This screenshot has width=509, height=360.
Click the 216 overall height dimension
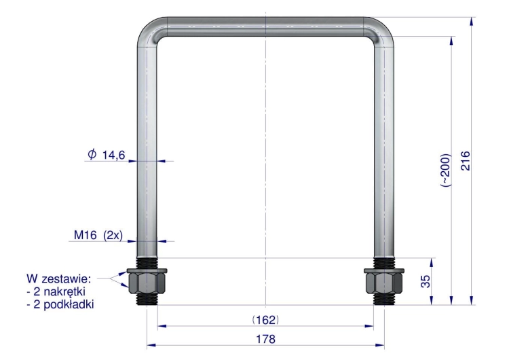pos(465,160)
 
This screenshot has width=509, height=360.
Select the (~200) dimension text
pos(445,170)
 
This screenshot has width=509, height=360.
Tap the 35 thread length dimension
pos(426,281)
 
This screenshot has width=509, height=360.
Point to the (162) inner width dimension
pos(265,320)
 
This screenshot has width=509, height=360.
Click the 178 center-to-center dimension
pos(265,339)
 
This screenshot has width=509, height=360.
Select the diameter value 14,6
pos(113,156)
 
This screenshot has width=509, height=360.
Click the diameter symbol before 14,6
pos(92,154)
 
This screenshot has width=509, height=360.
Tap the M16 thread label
pos(85,234)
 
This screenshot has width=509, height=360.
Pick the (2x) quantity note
pos(113,235)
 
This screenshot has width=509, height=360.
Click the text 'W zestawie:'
pos(59,278)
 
